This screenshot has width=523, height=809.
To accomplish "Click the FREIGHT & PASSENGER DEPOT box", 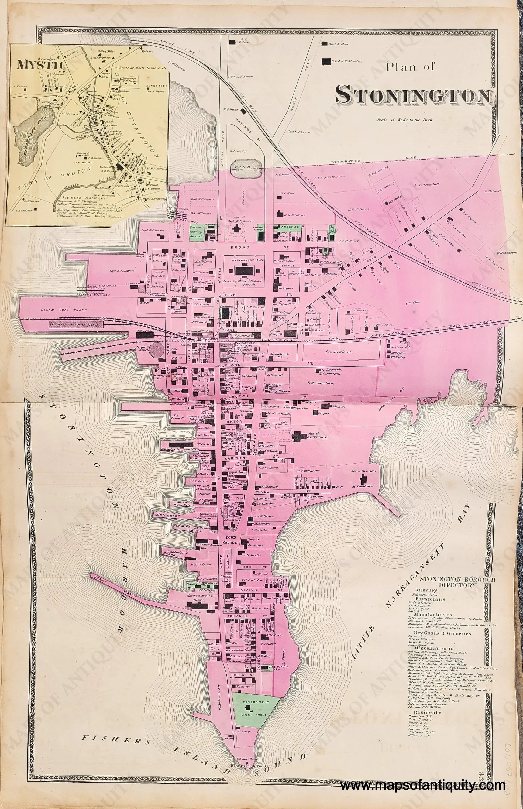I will coord(76,325).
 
